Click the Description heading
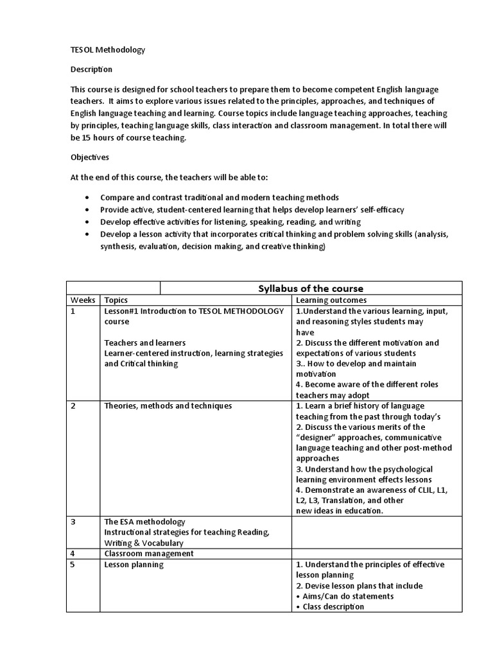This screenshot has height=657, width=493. click(91, 69)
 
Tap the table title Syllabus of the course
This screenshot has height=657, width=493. click(311, 288)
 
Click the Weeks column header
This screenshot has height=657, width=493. click(83, 300)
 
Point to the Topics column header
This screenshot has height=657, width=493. click(116, 300)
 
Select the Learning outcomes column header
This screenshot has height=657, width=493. click(331, 300)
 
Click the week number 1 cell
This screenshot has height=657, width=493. click(73, 311)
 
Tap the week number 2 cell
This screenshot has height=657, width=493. click(73, 406)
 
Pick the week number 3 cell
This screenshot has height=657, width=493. click(73, 522)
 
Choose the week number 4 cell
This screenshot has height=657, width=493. click(73, 553)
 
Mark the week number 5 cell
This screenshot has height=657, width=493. click(73, 565)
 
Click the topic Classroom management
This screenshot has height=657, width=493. click(149, 553)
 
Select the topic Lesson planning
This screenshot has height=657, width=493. click(134, 565)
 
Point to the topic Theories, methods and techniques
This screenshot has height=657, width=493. click(168, 406)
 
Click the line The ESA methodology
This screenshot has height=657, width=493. click(144, 522)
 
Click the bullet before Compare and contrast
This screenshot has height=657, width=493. click(87, 198)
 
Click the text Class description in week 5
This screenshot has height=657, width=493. click(333, 606)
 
